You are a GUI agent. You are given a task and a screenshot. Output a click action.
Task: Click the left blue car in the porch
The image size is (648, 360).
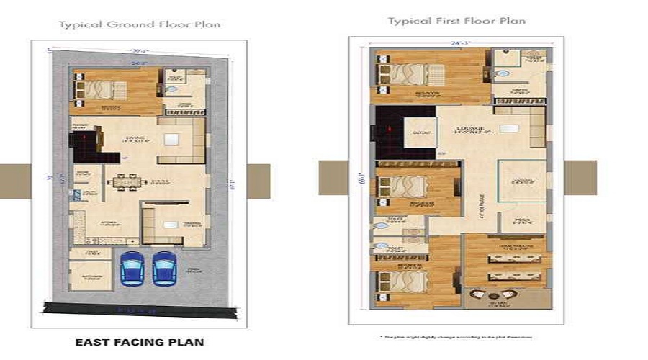click(132, 269)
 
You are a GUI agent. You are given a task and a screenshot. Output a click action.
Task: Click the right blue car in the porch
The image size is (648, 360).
click(164, 269)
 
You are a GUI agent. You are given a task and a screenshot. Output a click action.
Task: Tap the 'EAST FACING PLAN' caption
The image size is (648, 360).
click(140, 343)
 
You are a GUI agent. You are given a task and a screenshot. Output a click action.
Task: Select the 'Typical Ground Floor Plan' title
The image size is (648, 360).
click(140, 24)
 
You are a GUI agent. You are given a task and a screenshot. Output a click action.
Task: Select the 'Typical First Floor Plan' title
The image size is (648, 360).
click(456, 21)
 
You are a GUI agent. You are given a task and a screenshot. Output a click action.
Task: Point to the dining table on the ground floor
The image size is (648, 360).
click(126, 181)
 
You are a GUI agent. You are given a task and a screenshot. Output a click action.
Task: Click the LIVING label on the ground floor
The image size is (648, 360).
click(135, 138)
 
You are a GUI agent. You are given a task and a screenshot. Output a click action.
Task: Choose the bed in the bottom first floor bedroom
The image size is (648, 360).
click(403, 279)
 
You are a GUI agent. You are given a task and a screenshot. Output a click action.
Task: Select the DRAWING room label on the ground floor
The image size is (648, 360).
click(173, 224)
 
